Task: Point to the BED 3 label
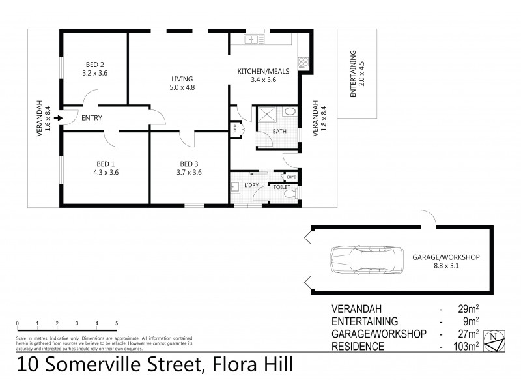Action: (x=189, y=167)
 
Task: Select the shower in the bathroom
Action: (x=268, y=115)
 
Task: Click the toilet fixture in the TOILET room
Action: (x=297, y=194)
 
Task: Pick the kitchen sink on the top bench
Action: (x=252, y=41)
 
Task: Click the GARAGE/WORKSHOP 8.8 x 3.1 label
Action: (x=445, y=261)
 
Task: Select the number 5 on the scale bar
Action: (x=117, y=323)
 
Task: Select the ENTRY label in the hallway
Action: (x=91, y=118)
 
